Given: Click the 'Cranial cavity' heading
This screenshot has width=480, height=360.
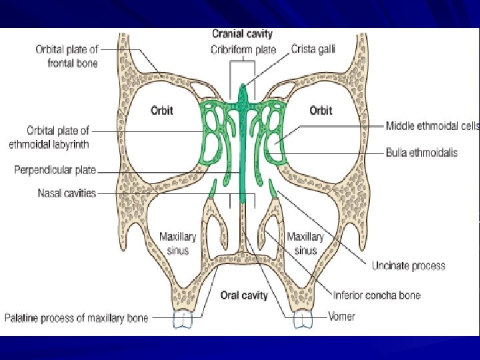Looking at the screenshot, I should pyautogui.click(x=242, y=34).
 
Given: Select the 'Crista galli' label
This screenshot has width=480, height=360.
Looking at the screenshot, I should pyautogui.click(x=313, y=49).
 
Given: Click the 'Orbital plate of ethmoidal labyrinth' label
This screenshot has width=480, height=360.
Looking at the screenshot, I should pyautogui.click(x=58, y=137).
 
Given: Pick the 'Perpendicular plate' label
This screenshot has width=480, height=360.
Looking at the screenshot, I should pyautogui.click(x=55, y=171).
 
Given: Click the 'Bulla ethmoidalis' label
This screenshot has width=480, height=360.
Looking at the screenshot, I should pyautogui.click(x=422, y=153).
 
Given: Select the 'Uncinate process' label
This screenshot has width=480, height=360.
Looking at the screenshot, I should pyautogui.click(x=408, y=266).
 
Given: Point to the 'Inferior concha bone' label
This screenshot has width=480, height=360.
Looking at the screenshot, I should pyautogui.click(x=377, y=295).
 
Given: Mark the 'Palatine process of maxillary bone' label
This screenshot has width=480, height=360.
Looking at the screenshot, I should pyautogui.click(x=77, y=318).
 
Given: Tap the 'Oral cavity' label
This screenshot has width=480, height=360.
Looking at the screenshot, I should pyautogui.click(x=244, y=295).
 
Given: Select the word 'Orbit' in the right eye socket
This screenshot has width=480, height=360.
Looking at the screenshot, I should pyautogui.click(x=321, y=111).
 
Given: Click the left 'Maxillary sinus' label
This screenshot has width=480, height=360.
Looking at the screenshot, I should pyautogui.click(x=177, y=243).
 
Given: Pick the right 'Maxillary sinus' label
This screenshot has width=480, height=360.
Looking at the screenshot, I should pyautogui.click(x=305, y=243).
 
